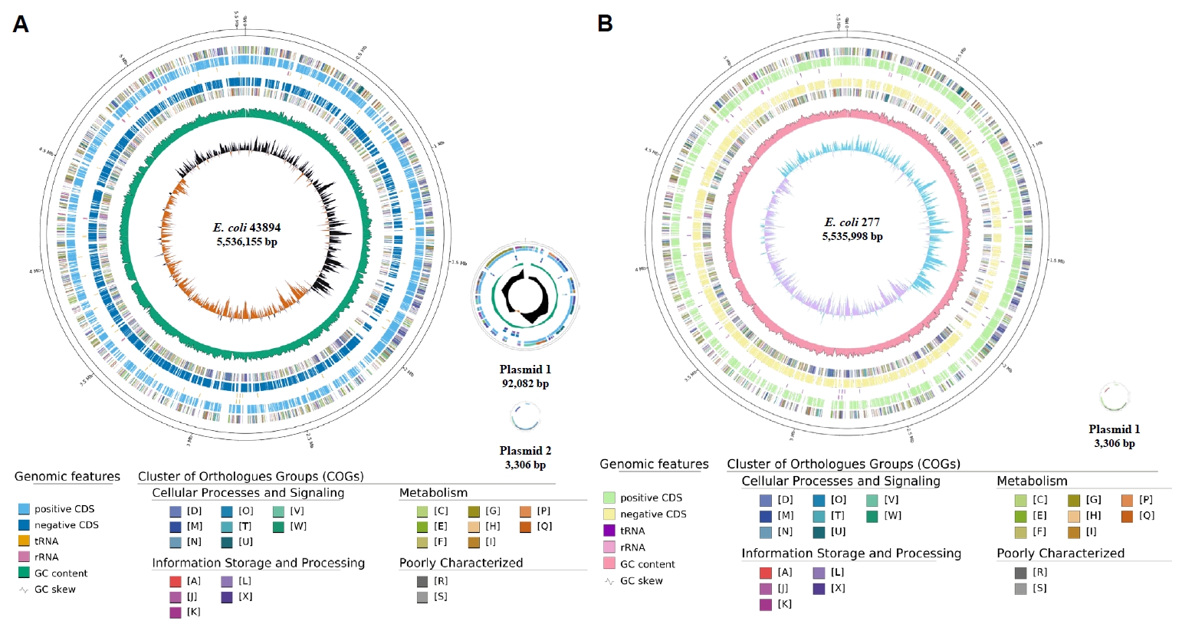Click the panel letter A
(21, 25)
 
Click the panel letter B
(605, 24)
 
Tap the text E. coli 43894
(247, 228)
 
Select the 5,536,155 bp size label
(247, 242)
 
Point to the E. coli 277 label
(852, 222)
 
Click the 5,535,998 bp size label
(852, 236)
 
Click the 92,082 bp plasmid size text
(525, 383)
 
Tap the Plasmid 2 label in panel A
(525, 451)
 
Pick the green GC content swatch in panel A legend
(25, 573)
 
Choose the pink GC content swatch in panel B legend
(610, 563)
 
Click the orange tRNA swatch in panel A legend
(25, 540)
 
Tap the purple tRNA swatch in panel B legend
(610, 531)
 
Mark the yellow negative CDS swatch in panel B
(610, 514)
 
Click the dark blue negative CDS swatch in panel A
(25, 524)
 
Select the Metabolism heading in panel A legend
(433, 493)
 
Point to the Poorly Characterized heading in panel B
(1060, 553)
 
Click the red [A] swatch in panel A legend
(176, 581)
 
